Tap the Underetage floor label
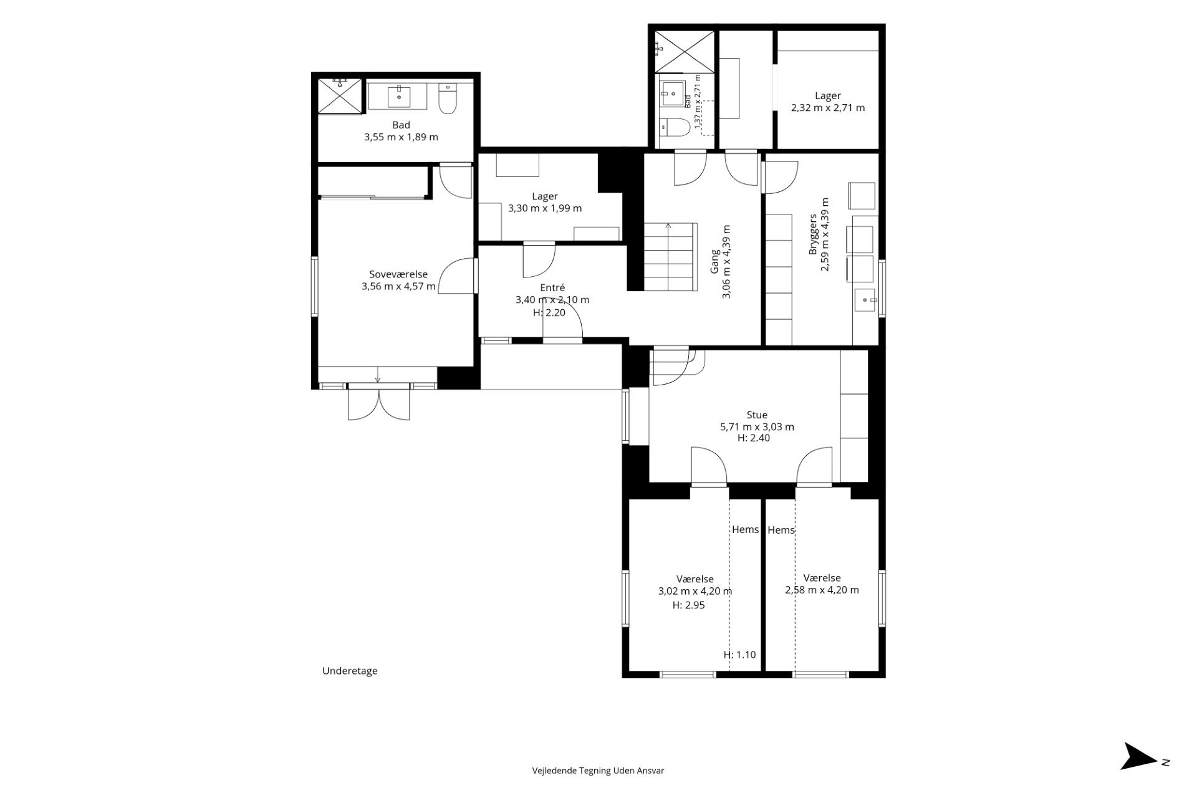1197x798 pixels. pyautogui.click(x=350, y=671)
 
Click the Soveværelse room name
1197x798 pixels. pyautogui.click(x=398, y=274)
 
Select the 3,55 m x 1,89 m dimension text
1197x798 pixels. pyautogui.click(x=401, y=137)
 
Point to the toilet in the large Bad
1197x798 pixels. pyautogui.click(x=448, y=100)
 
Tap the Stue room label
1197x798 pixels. pyautogui.click(x=757, y=415)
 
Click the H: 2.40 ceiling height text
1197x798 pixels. pyautogui.click(x=754, y=438)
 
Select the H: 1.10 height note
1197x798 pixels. pyautogui.click(x=739, y=655)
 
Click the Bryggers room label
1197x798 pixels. pyautogui.click(x=813, y=234)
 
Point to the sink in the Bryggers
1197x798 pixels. pyautogui.click(x=865, y=300)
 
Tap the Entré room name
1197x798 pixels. pyautogui.click(x=552, y=287)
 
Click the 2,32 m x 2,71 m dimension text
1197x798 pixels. pyautogui.click(x=828, y=108)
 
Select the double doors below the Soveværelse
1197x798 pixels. pyautogui.click(x=379, y=403)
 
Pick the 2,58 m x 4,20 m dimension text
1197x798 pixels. pyautogui.click(x=822, y=590)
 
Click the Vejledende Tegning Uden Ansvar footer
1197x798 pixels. pyautogui.click(x=598, y=771)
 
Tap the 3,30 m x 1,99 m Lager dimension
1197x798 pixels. pyautogui.click(x=545, y=208)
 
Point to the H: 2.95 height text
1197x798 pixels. pyautogui.click(x=689, y=605)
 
